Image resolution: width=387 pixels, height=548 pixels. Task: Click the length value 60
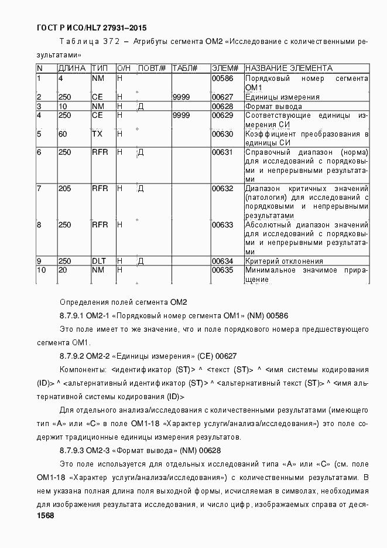point(63,134)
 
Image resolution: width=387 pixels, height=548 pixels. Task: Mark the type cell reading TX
point(97,134)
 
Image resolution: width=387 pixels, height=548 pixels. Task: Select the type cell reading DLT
point(98,261)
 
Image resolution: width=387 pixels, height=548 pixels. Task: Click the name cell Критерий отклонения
point(284,261)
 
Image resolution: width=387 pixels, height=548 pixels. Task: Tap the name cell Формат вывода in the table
point(273,107)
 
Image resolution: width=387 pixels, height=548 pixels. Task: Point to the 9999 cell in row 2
point(181,97)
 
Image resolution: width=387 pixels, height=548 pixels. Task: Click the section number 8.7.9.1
point(73,315)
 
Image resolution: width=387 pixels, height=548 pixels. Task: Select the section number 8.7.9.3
point(73,450)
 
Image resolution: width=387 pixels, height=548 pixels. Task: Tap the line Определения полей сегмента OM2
point(123,302)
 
